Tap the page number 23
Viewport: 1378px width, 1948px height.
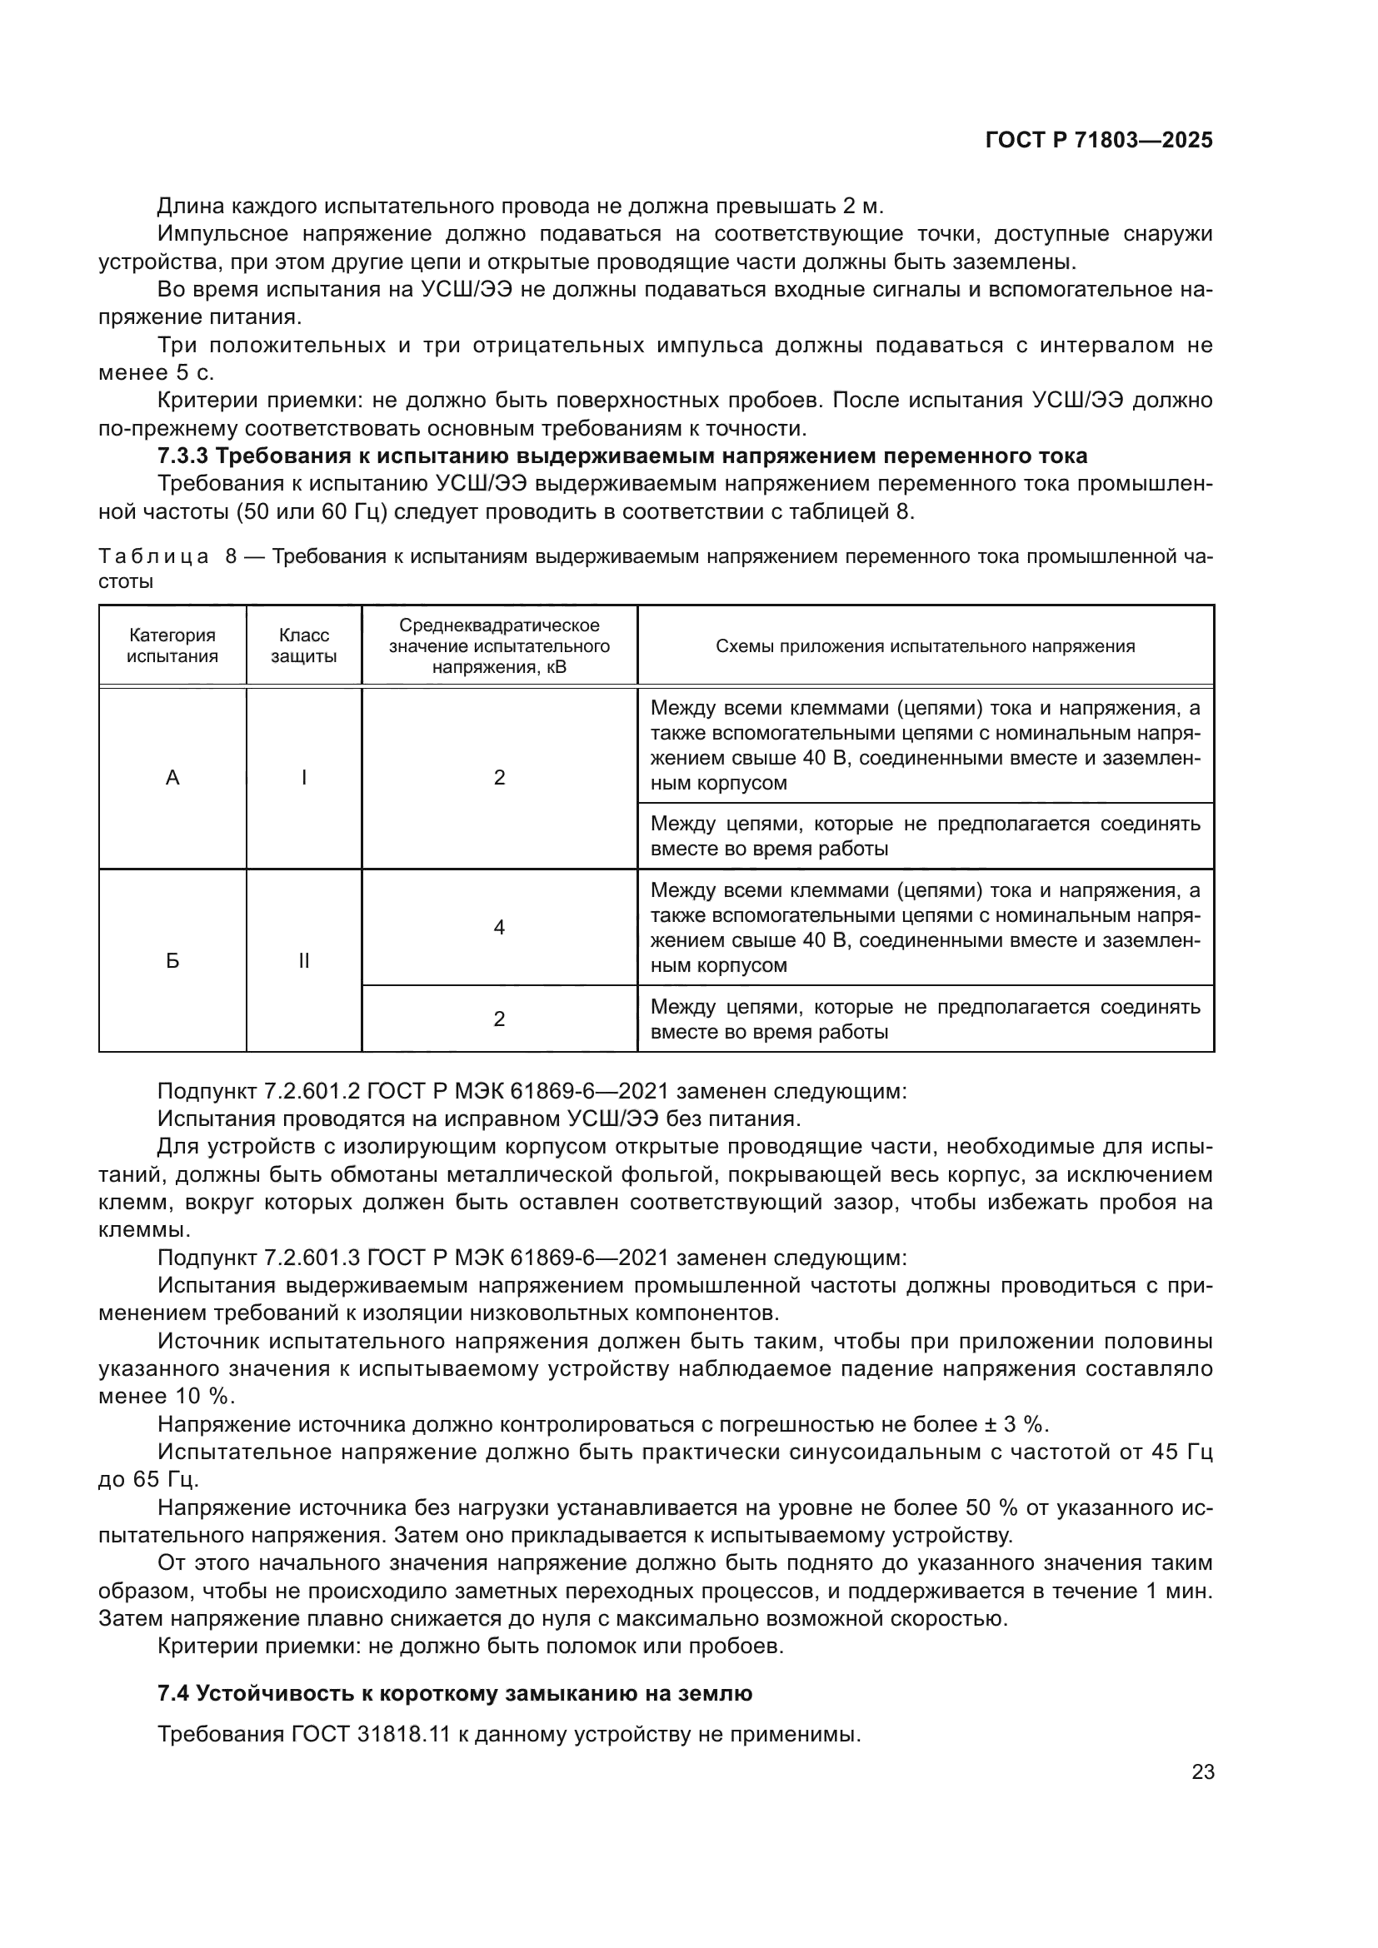(x=1202, y=1772)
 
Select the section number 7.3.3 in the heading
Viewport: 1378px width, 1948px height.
(x=182, y=456)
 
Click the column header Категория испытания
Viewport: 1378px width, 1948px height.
(x=172, y=645)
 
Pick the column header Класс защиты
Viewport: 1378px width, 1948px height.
(x=304, y=645)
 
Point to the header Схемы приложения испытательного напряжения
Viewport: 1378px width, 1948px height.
(x=925, y=646)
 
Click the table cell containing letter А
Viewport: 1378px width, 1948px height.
(x=172, y=777)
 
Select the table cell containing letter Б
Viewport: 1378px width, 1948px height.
(x=172, y=960)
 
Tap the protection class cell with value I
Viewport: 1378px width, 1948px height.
(x=304, y=777)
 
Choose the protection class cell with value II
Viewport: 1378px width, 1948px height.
(x=304, y=960)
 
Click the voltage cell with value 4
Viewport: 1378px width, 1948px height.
(x=499, y=927)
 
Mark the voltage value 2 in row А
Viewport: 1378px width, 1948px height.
(x=499, y=777)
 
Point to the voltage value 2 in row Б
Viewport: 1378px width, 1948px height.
(x=499, y=1019)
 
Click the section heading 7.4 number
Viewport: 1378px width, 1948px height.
(x=174, y=1693)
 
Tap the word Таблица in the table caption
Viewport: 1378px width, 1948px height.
(x=153, y=557)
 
